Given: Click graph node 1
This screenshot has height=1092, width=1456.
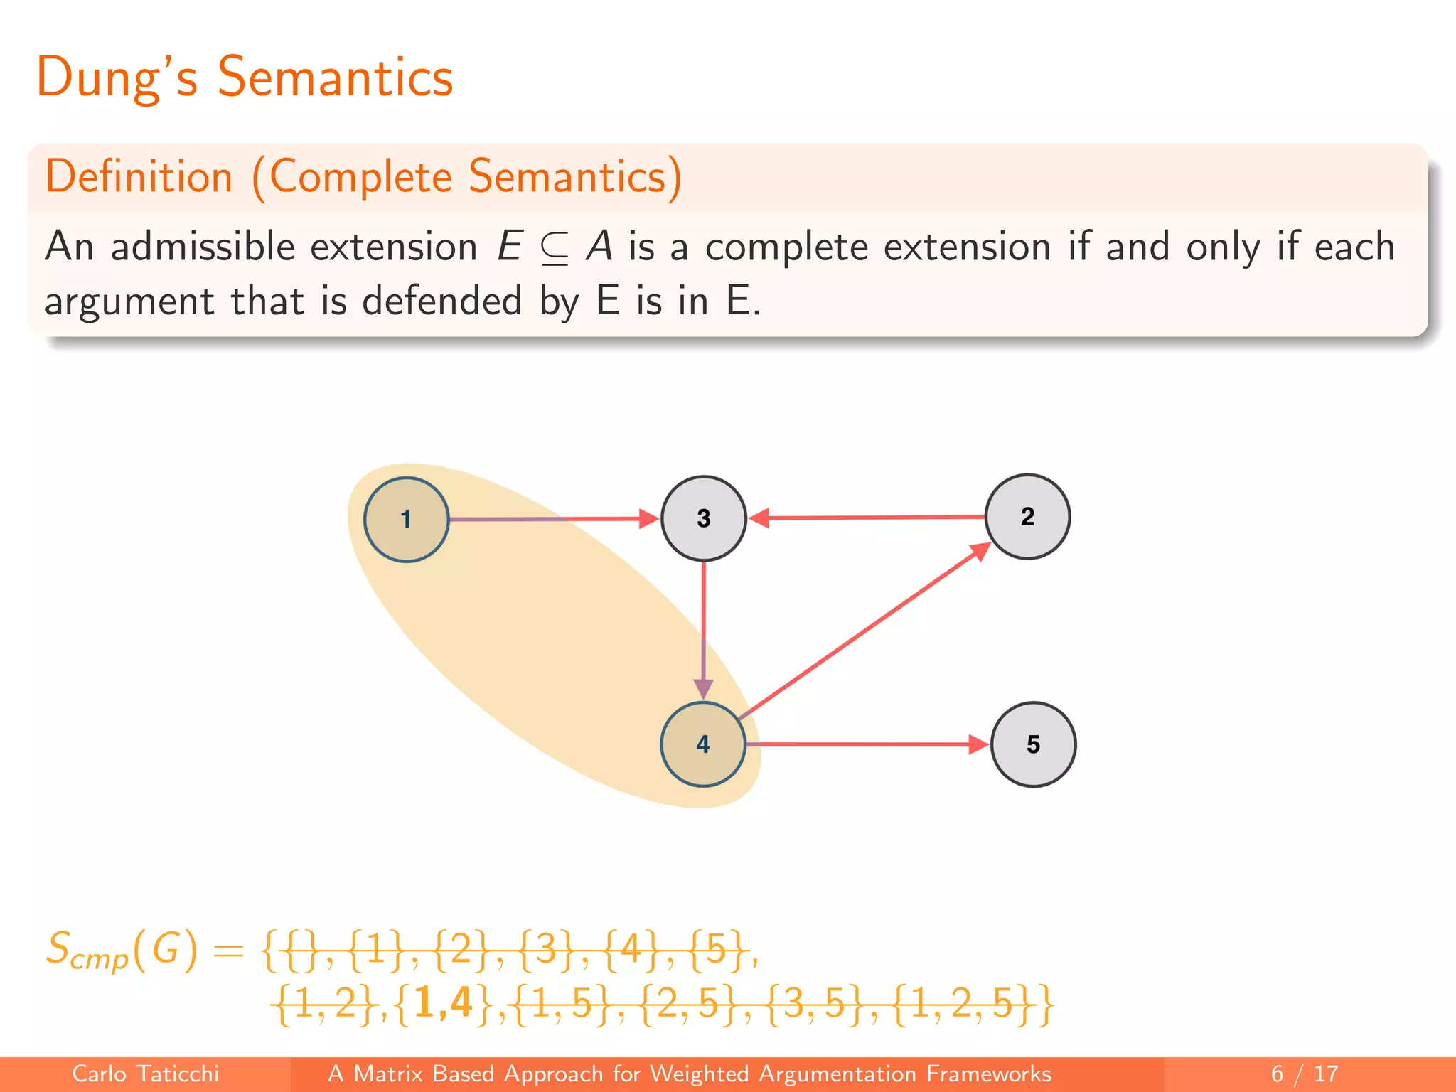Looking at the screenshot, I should coord(406,520).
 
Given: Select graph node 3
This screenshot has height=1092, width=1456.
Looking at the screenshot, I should coord(703,518).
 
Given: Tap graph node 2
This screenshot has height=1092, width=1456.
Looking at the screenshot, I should coord(1027,517).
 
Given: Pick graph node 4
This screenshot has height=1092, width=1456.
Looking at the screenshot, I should coord(703,744).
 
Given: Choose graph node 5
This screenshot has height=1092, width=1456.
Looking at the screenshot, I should coord(1033,744).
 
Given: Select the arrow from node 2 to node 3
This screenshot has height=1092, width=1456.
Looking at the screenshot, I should coord(867,518).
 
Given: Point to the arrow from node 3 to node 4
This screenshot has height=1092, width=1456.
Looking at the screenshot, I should coord(703,626).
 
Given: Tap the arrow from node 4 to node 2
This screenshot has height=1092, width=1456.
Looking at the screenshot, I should coord(864,631).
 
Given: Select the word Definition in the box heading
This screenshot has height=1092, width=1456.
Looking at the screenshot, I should coord(139,176).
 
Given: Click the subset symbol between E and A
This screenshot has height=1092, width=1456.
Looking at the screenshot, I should coord(554,249).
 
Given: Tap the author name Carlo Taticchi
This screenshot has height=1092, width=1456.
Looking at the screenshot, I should coord(145,1074).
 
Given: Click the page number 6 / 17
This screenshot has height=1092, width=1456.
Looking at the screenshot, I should coord(1304,1074).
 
